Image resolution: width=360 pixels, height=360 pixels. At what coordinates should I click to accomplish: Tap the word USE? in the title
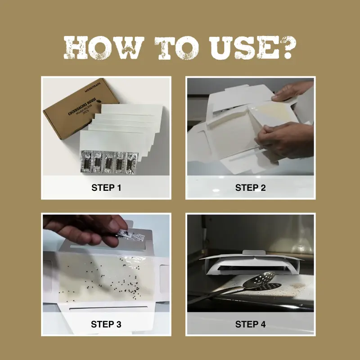click(250, 48)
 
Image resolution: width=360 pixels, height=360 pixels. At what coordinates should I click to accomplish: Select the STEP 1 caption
click(106, 188)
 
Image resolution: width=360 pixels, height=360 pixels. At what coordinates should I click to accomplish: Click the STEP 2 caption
click(251, 188)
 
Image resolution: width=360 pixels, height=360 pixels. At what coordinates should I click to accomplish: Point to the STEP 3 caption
click(106, 324)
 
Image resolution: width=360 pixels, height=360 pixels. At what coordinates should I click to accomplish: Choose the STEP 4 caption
click(251, 324)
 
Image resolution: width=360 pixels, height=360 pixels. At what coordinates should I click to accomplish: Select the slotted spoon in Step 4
click(261, 283)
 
